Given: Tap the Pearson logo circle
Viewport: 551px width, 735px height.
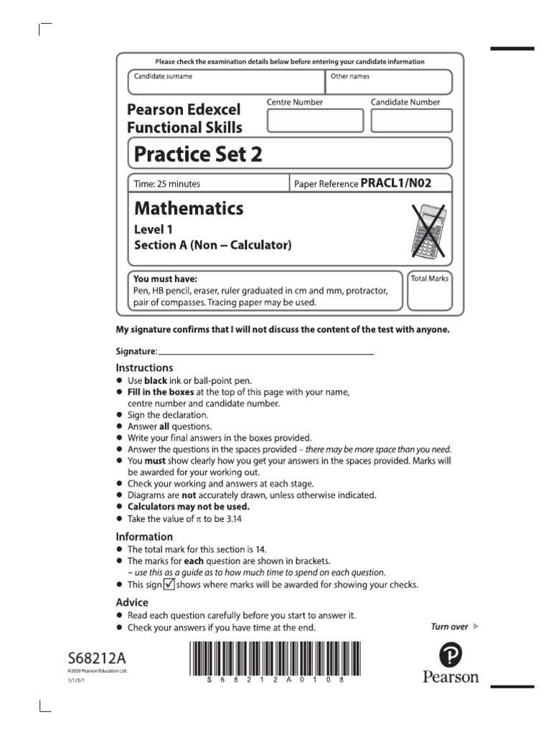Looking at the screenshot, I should (451, 655).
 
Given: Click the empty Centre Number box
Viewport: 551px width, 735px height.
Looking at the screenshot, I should (315, 121).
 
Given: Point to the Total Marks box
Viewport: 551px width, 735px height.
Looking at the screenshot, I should (429, 291).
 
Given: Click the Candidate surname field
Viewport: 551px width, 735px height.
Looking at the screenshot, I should (226, 82).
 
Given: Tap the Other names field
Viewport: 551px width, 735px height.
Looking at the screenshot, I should (389, 82).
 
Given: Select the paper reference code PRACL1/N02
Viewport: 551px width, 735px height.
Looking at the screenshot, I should (396, 184).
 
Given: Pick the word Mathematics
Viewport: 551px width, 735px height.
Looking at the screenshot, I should (189, 209).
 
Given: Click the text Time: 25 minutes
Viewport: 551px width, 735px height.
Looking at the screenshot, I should (167, 184).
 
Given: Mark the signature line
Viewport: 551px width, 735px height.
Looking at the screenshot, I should (265, 353).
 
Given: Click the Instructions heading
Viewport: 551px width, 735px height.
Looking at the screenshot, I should (144, 367).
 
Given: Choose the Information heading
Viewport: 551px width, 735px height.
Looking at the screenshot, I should (144, 536).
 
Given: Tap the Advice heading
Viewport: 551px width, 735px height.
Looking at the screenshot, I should (132, 602).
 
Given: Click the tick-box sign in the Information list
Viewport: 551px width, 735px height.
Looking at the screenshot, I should (169, 584).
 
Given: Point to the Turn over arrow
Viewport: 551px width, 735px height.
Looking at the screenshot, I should (476, 627).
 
